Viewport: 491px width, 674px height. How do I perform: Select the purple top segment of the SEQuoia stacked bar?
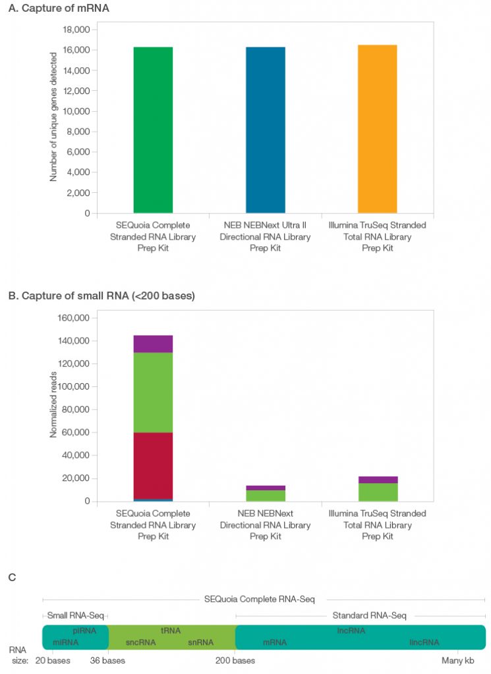click(153, 344)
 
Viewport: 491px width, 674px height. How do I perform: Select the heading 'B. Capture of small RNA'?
click(101, 296)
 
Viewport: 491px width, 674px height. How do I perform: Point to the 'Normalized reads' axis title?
click(54, 405)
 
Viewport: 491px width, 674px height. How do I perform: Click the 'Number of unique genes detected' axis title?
click(54, 117)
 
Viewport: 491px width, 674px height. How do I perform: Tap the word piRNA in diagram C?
click(84, 631)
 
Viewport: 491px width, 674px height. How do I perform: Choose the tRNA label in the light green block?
click(171, 631)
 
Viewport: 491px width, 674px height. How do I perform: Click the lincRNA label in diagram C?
click(424, 642)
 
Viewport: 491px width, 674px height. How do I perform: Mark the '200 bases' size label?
click(235, 660)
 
